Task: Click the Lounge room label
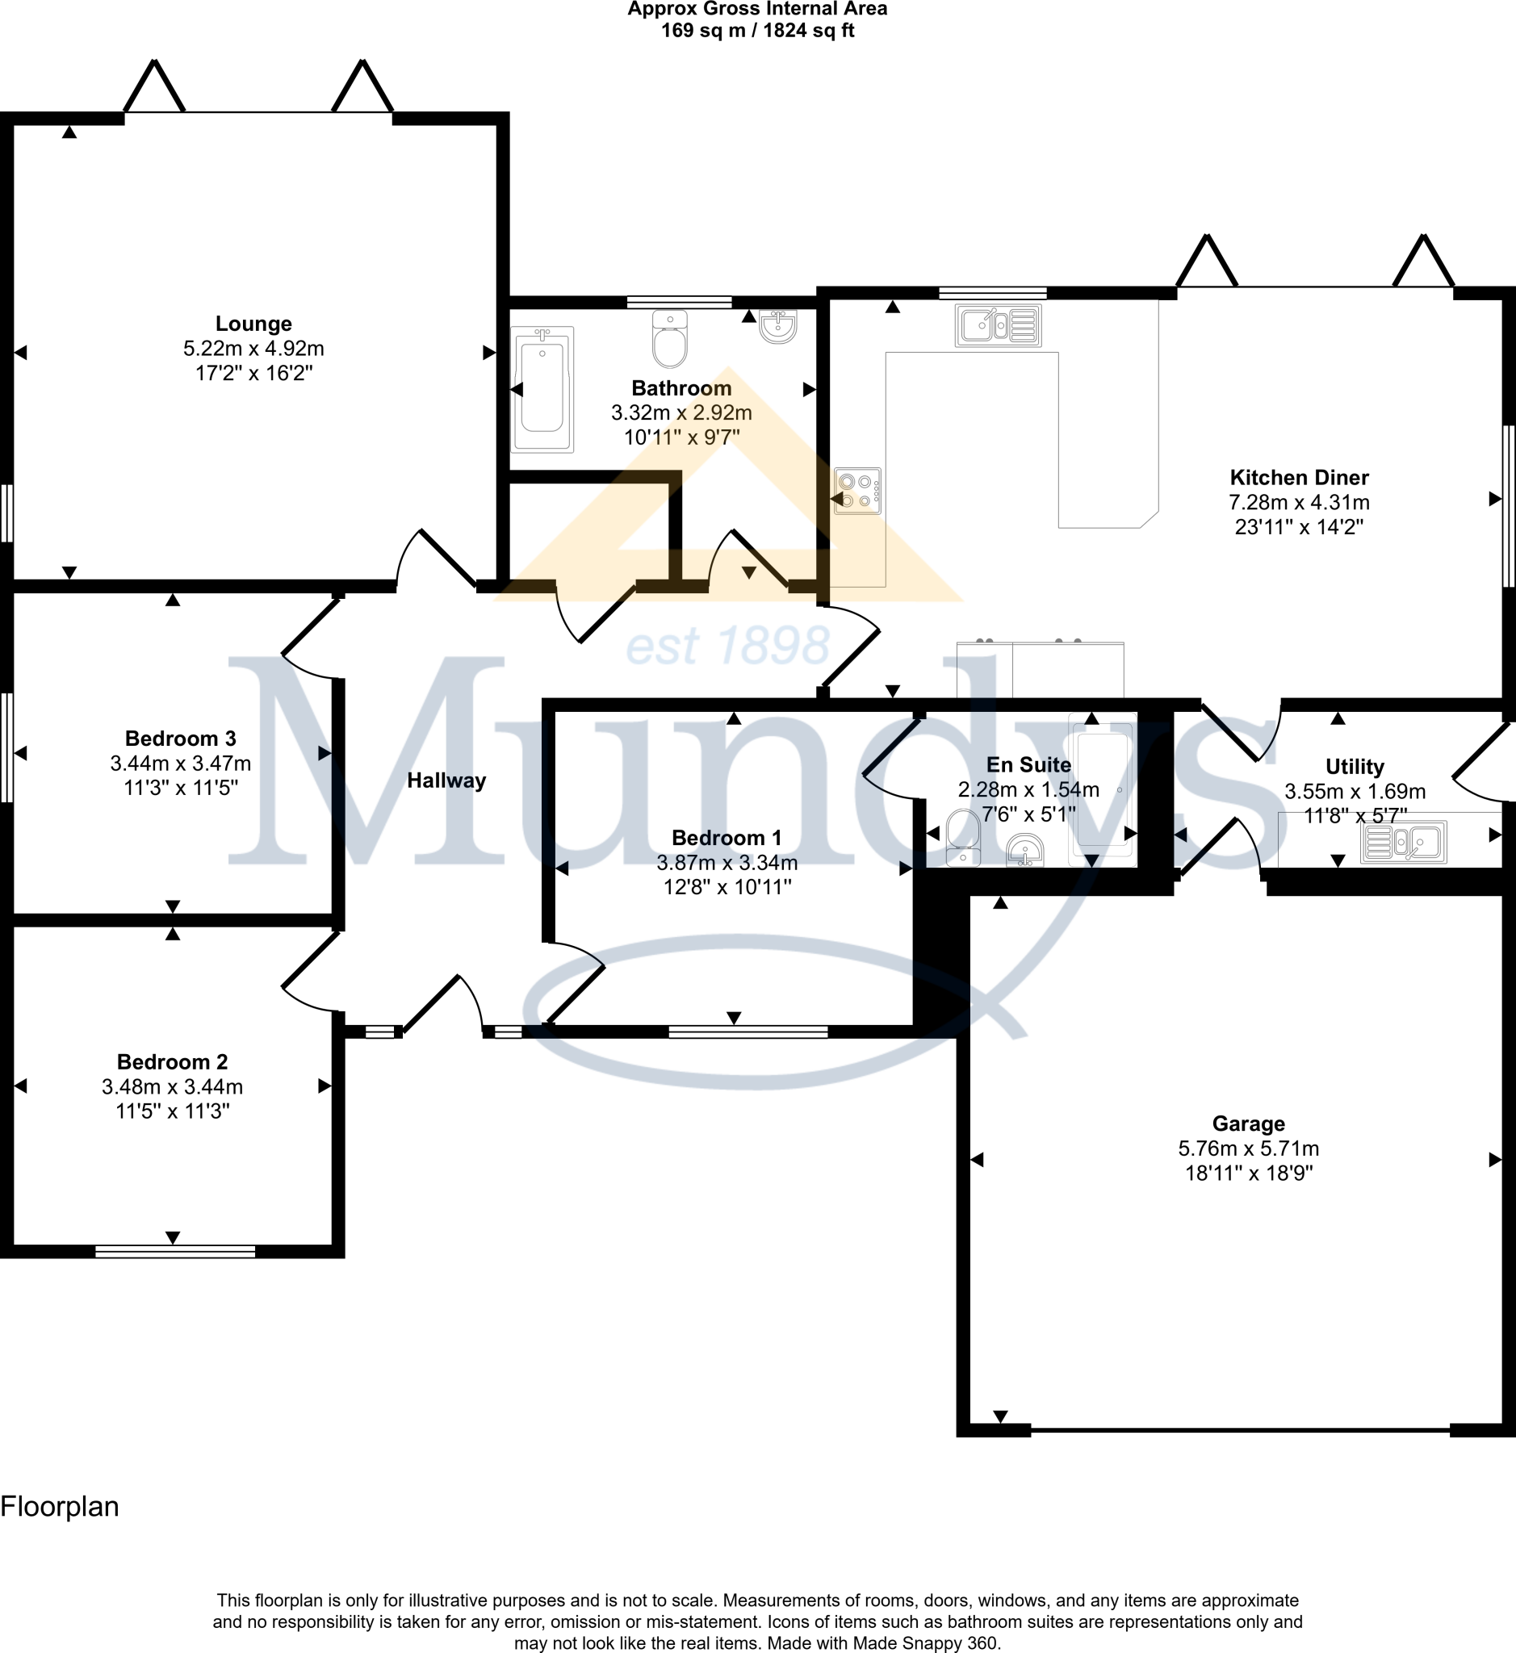253,323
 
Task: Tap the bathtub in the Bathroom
542,390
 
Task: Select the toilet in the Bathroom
669,340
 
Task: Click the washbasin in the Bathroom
777,327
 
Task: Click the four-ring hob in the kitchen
857,491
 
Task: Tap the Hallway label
446,780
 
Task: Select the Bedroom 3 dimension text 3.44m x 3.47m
181,763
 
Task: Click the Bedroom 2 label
172,1061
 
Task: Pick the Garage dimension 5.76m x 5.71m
1248,1149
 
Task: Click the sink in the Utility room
1403,842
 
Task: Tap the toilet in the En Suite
963,837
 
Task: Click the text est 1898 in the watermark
727,646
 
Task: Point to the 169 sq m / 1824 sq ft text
757,31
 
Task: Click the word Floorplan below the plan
60,1506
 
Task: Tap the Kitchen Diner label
1299,478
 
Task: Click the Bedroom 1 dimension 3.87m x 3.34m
727,862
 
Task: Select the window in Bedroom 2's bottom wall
174,1252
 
